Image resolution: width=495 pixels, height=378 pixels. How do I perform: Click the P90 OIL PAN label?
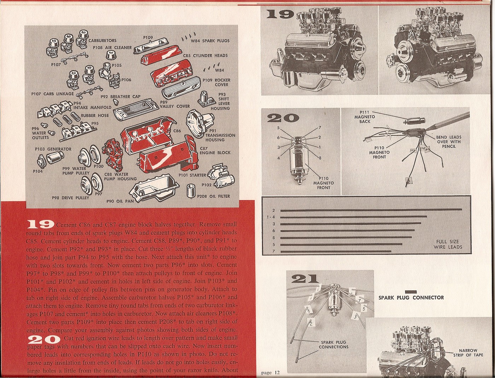[x=120, y=201]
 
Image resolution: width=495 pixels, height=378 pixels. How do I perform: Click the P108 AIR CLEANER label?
[x=112, y=47]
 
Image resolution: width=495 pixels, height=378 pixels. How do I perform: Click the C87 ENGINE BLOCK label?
[x=215, y=151]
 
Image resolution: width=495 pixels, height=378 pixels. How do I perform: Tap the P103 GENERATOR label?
[x=53, y=149]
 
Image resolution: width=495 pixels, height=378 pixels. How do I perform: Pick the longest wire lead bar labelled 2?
[x=371, y=210]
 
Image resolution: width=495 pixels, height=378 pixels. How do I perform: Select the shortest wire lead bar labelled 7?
[x=336, y=251]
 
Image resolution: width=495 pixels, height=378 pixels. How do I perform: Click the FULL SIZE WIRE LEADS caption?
[x=448, y=244]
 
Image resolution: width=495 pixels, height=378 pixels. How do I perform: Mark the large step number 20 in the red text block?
[x=44, y=340]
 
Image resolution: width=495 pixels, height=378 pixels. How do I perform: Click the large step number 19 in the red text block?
[x=40, y=224]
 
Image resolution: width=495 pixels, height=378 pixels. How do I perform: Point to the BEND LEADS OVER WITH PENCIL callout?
[x=448, y=142]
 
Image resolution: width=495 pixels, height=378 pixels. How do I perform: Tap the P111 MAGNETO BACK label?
[x=365, y=117]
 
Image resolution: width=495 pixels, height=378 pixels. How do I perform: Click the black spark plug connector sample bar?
[x=411, y=292]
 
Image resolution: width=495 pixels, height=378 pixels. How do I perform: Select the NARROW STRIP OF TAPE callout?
[x=468, y=353]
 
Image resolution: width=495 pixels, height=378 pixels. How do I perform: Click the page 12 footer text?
[x=270, y=372]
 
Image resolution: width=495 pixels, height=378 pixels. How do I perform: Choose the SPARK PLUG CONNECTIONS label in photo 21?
[x=333, y=344]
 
